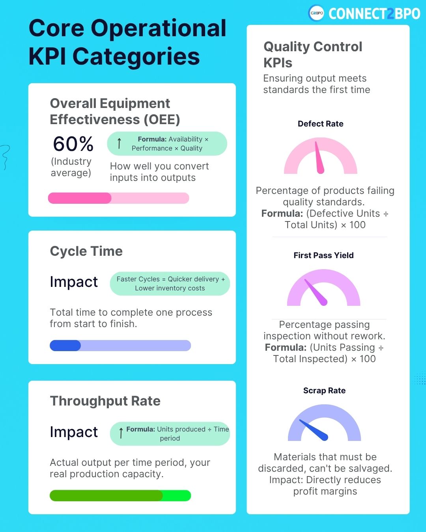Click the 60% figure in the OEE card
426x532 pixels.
73,144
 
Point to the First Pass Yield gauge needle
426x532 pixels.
316,292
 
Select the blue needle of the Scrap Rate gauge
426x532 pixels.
314,430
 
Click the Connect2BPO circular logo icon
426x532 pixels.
316,13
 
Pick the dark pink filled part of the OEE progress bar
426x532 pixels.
79,198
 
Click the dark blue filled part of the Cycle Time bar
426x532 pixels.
65,346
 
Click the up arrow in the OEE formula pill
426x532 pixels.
119,143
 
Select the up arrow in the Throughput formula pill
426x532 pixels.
121,433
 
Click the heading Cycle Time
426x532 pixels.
86,251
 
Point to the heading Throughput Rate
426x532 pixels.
105,401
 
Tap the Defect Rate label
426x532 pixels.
320,124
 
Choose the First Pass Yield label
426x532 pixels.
323,255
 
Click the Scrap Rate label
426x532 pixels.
324,391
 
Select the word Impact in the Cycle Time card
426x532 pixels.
74,282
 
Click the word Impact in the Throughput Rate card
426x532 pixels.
74,432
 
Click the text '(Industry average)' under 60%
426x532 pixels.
71,167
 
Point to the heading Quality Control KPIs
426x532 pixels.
312,54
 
